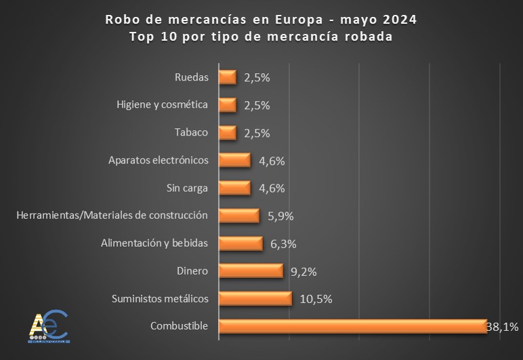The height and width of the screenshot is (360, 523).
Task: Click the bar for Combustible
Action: (x=352, y=326)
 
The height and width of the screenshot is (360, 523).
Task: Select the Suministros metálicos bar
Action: (x=255, y=298)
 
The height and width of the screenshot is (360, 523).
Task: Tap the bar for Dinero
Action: (x=250, y=271)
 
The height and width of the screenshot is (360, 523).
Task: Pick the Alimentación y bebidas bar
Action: (x=240, y=243)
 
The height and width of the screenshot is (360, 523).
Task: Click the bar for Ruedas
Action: (x=227, y=77)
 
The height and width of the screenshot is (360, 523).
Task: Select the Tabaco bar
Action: (x=227, y=132)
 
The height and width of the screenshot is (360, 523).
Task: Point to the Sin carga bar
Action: (x=234, y=188)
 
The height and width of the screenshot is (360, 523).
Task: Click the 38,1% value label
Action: (x=503, y=327)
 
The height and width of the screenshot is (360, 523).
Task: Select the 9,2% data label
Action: (x=303, y=271)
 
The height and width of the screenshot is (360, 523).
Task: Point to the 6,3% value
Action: (x=283, y=244)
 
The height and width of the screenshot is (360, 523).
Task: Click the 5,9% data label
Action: (x=280, y=216)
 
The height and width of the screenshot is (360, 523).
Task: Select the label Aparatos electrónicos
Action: (x=158, y=161)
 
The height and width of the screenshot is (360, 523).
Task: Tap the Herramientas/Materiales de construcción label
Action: (x=111, y=216)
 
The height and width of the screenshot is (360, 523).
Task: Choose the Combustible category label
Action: (x=178, y=326)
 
